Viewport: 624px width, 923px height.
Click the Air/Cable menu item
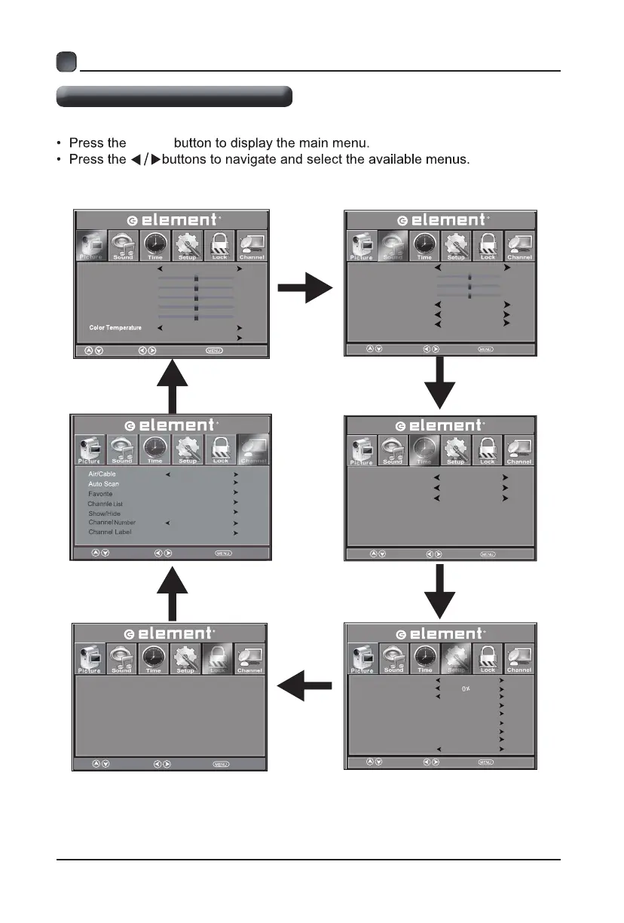coord(102,474)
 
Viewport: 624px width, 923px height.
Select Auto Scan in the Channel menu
coord(103,483)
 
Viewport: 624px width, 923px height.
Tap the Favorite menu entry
coord(100,493)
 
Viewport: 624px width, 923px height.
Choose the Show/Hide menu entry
coord(104,513)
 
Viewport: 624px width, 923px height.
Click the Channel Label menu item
coord(109,532)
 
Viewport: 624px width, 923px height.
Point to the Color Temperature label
coord(115,328)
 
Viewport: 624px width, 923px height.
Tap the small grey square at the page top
coord(66,62)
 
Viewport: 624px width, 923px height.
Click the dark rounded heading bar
coord(174,97)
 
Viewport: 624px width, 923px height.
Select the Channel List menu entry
coord(105,503)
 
